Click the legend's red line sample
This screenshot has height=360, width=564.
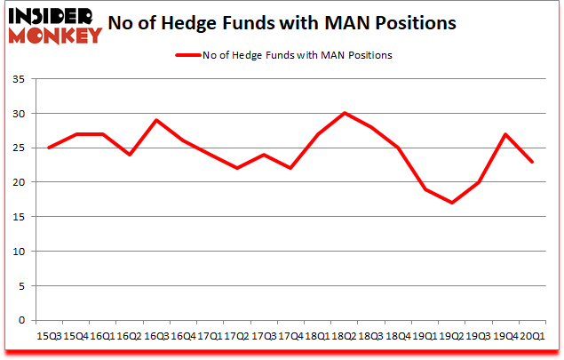click(187, 55)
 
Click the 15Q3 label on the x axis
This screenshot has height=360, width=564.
click(49, 337)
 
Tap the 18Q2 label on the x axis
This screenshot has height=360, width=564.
click(345, 337)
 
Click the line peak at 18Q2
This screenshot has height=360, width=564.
click(345, 113)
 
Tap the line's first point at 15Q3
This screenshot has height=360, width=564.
click(49, 148)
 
